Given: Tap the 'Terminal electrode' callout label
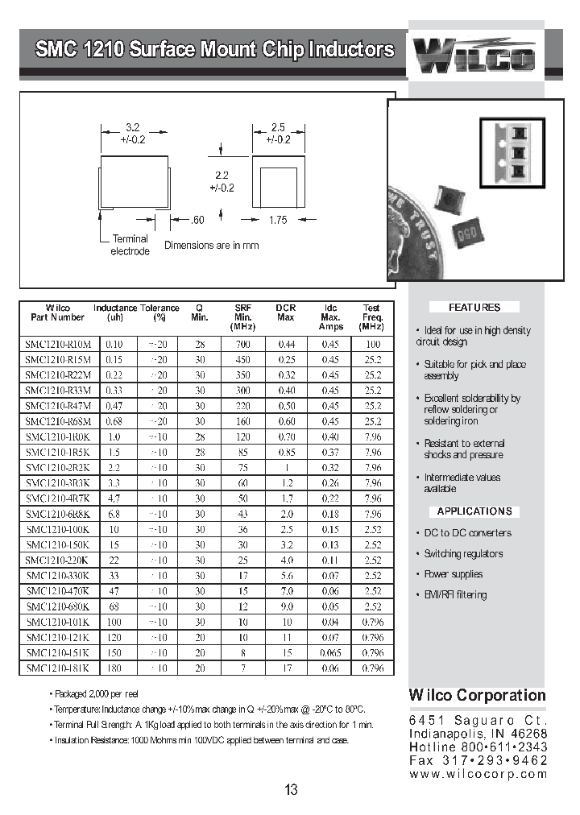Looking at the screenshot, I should [x=130, y=245].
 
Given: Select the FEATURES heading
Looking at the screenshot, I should [x=474, y=308].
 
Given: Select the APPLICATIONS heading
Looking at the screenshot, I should [x=474, y=511].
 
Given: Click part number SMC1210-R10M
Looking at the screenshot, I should [x=57, y=344].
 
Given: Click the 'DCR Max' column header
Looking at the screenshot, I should [x=286, y=312].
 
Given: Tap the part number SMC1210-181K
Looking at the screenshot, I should [x=57, y=668].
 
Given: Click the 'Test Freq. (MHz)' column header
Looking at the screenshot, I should [x=372, y=317].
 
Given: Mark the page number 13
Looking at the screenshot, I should [x=291, y=790].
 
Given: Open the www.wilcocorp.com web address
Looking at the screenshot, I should [x=478, y=774].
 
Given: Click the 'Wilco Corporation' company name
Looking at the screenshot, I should [x=477, y=696].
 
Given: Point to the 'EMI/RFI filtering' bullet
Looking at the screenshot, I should [x=455, y=595].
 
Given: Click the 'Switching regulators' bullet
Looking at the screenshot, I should [x=462, y=553].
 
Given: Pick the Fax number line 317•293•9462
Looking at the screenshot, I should [x=478, y=760].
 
